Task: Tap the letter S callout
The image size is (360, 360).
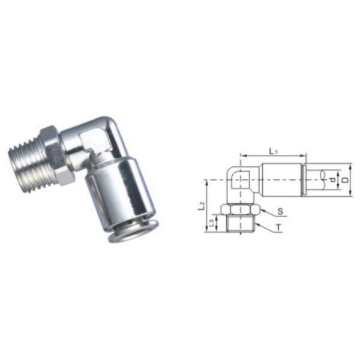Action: pos(280,212)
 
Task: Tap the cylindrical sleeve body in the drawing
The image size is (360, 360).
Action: pos(282,178)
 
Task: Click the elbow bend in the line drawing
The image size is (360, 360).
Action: pos(240,177)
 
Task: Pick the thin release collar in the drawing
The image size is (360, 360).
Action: pos(304,178)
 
